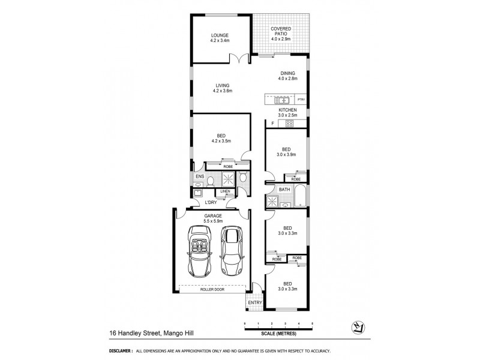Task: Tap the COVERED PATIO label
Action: (281, 32)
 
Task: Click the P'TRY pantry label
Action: (301, 100)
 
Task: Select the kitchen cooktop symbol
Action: (288, 124)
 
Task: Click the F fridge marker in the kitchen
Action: (272, 124)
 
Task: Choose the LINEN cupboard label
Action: (224, 191)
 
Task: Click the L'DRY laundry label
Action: (211, 202)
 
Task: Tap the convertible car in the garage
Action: (199, 249)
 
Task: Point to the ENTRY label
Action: (254, 303)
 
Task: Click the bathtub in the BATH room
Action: (299, 197)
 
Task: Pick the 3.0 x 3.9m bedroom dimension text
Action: (287, 154)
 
